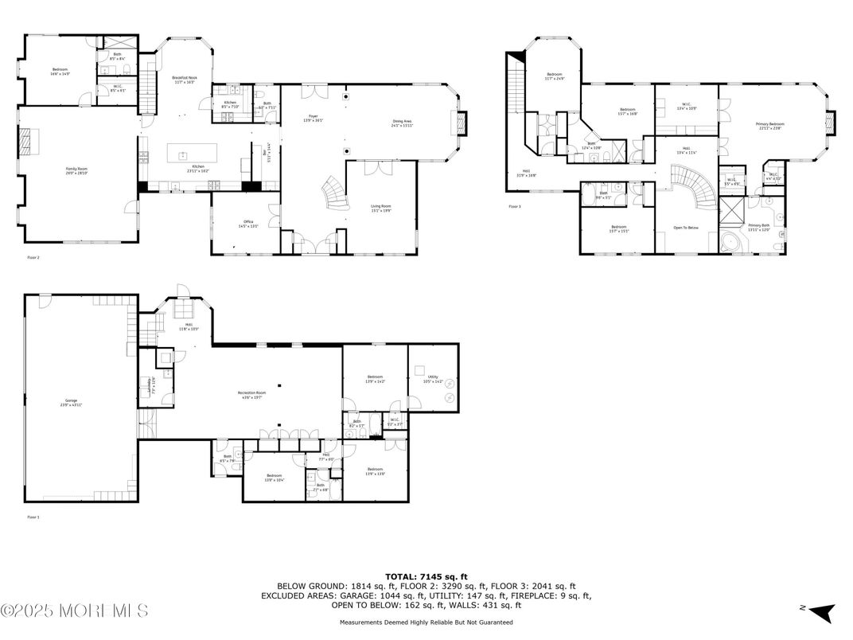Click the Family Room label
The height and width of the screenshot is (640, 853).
pyautogui.click(x=75, y=170)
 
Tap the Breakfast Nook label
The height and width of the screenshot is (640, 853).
pyautogui.click(x=184, y=79)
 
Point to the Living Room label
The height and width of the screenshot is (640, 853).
pyautogui.click(x=380, y=209)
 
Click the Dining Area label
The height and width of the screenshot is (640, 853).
pyautogui.click(x=402, y=123)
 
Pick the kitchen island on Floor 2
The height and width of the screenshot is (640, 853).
pyautogui.click(x=181, y=155)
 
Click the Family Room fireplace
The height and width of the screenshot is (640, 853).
pyautogui.click(x=27, y=142)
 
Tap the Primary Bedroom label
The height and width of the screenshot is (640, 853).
pyautogui.click(x=769, y=125)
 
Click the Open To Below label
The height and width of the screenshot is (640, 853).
pyautogui.click(x=685, y=227)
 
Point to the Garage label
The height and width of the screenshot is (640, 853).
pyautogui.click(x=71, y=402)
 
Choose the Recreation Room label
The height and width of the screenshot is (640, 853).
pyautogui.click(x=251, y=394)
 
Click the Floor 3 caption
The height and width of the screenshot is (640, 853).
pyautogui.click(x=514, y=206)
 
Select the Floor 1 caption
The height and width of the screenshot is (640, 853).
pyautogui.click(x=33, y=517)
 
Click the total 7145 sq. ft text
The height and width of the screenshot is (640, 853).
pyautogui.click(x=426, y=576)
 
